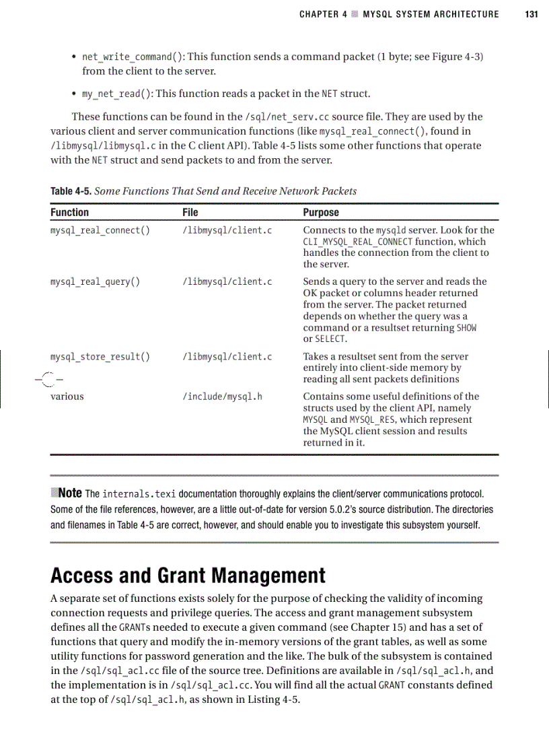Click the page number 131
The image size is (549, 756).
(x=532, y=14)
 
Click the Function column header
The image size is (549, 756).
(x=69, y=212)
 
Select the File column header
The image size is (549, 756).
(x=190, y=212)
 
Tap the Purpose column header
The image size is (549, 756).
(x=321, y=212)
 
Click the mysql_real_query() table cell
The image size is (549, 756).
(x=95, y=281)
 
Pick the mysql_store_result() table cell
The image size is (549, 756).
(x=100, y=356)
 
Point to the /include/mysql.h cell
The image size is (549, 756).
(x=222, y=397)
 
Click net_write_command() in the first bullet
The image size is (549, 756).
(x=128, y=57)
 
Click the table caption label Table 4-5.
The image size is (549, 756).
(x=71, y=191)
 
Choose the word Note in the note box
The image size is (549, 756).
(x=70, y=493)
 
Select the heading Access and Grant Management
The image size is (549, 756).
(x=188, y=576)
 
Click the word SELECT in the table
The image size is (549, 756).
(x=328, y=339)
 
